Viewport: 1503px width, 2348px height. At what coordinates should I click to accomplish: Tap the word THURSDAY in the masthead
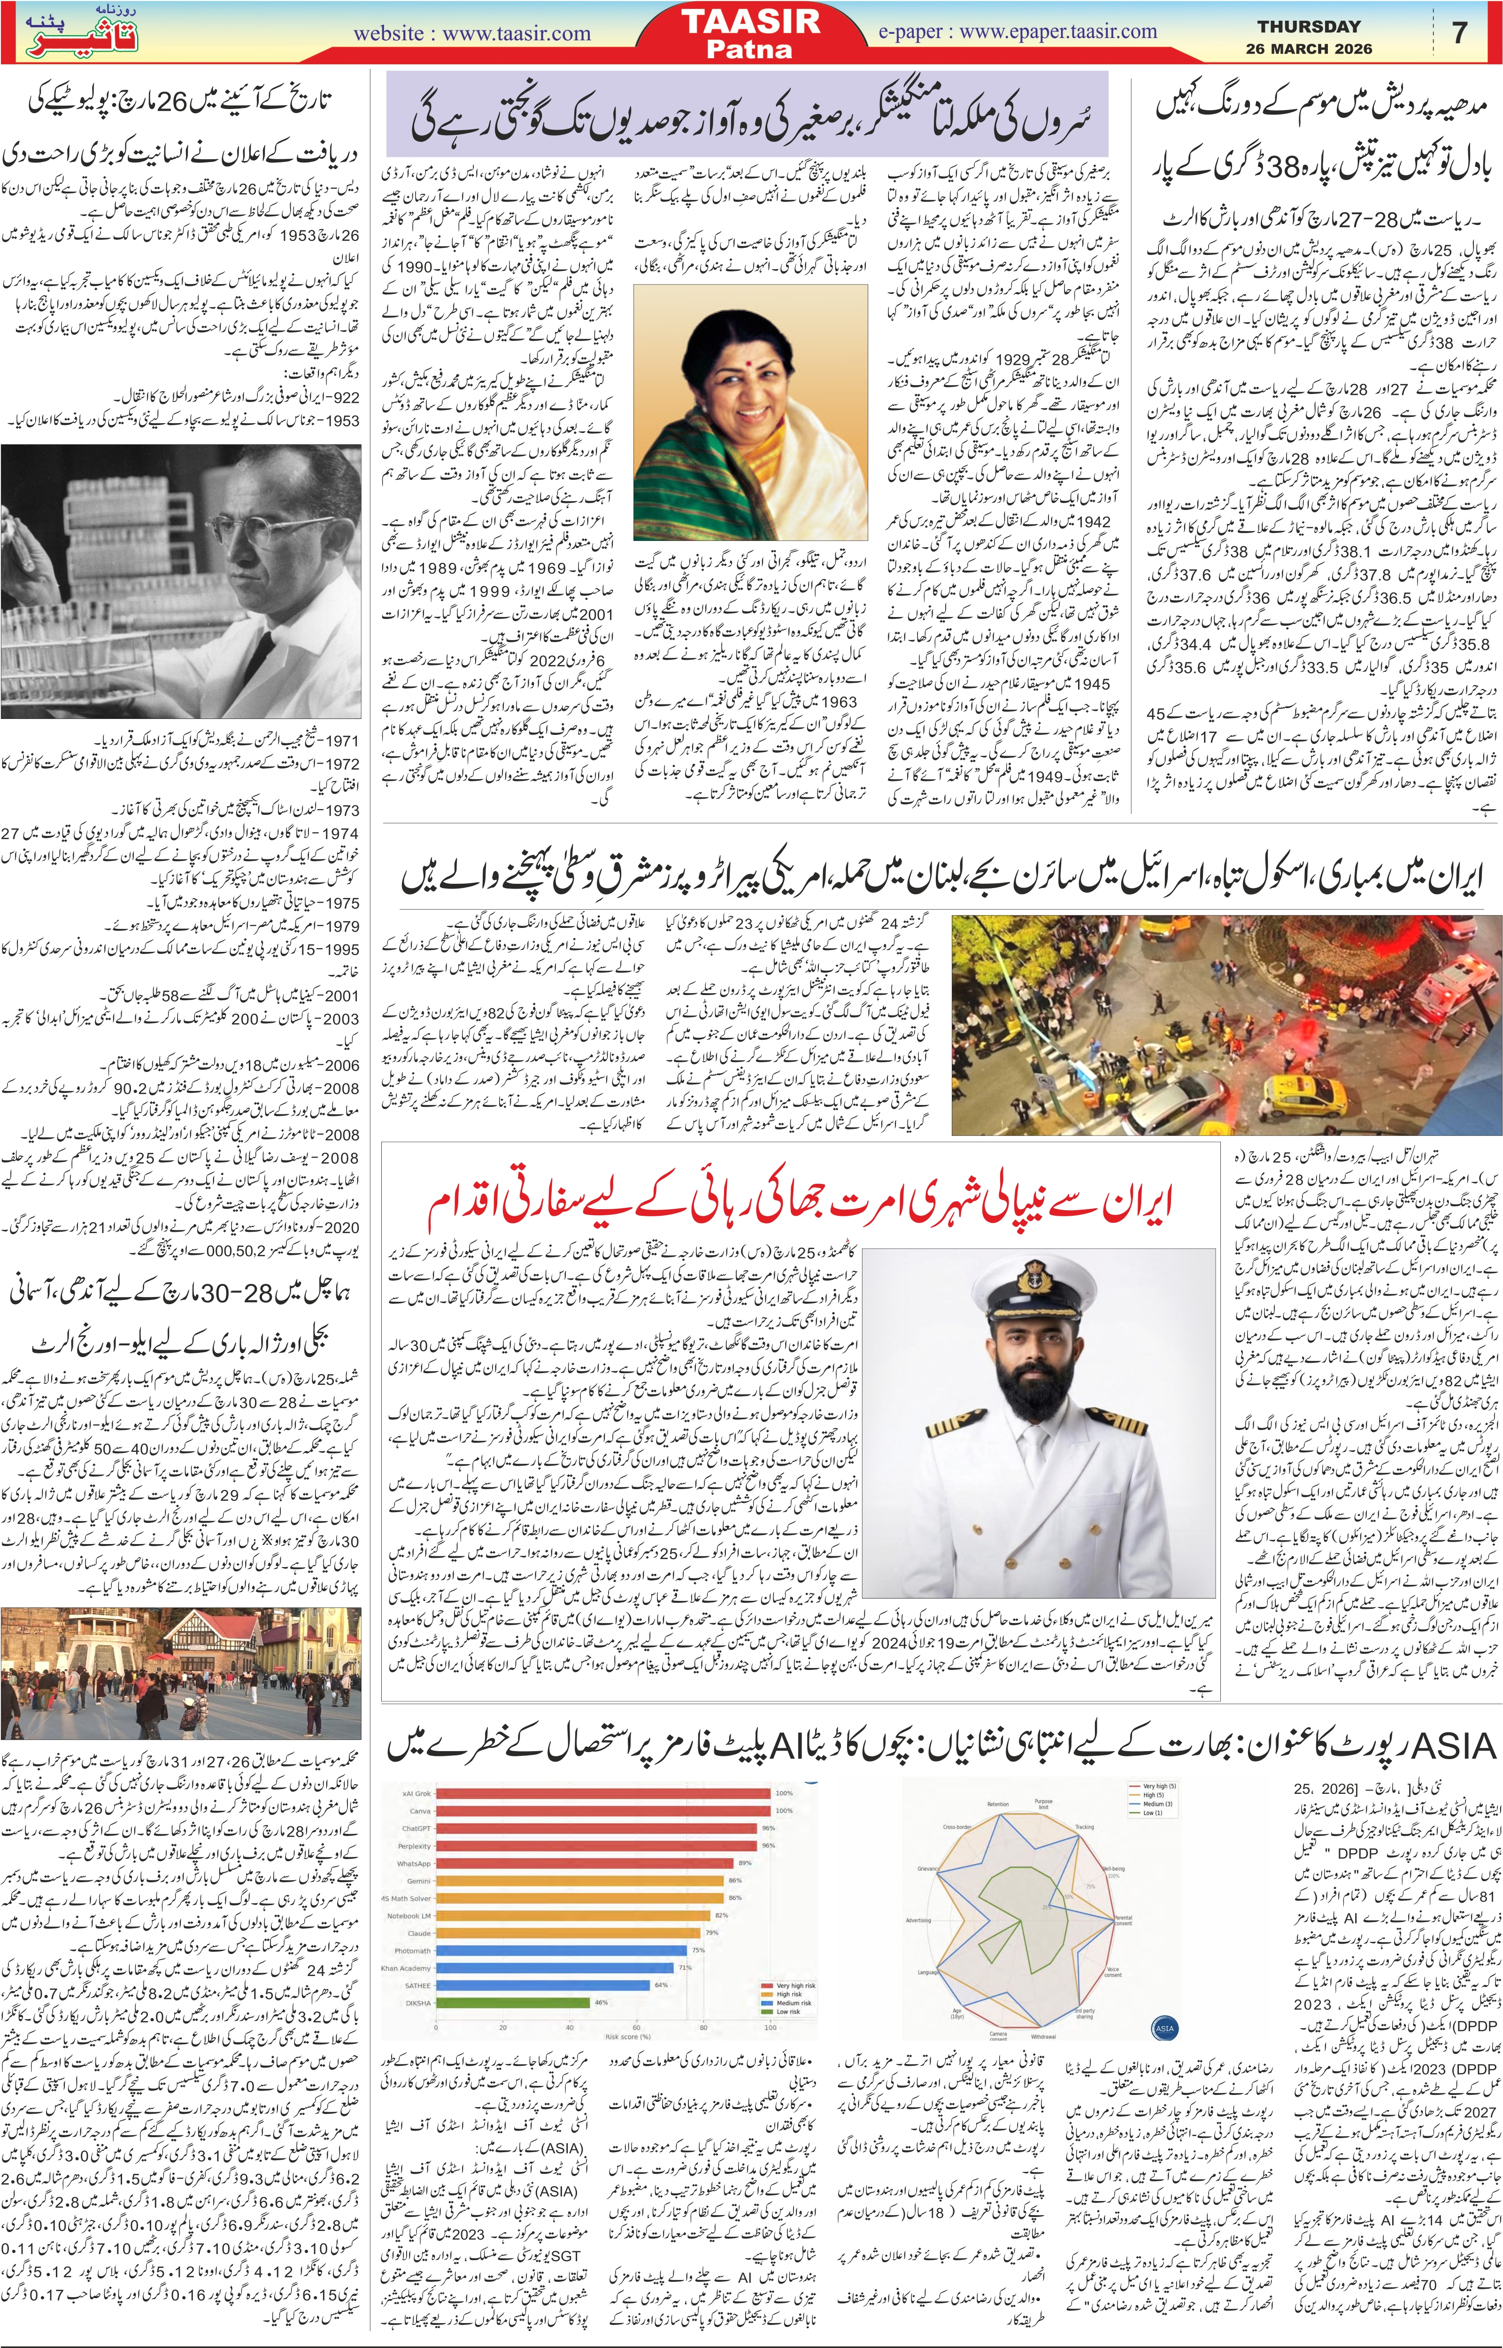click(1308, 26)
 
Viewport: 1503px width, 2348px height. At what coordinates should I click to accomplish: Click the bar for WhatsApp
click(586, 1863)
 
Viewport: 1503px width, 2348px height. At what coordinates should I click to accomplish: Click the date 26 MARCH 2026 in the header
click(1308, 49)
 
